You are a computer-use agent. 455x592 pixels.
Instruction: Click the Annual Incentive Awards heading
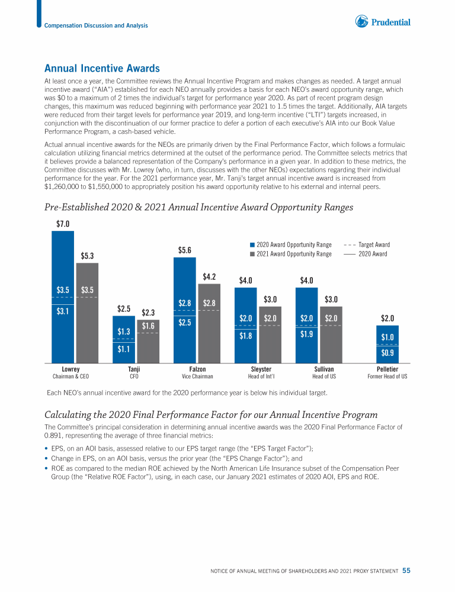tap(102, 69)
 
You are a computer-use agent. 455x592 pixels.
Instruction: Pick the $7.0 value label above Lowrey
tap(63, 224)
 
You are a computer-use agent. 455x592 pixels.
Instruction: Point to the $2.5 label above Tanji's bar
tap(124, 308)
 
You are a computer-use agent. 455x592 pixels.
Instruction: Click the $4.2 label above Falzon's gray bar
tap(209, 276)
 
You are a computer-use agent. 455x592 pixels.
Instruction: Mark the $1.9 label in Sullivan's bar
tap(307, 335)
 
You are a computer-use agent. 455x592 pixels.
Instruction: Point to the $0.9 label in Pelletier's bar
tap(387, 353)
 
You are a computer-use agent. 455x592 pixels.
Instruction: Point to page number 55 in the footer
tap(406, 571)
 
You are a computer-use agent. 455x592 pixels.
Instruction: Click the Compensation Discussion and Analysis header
tap(96, 25)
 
